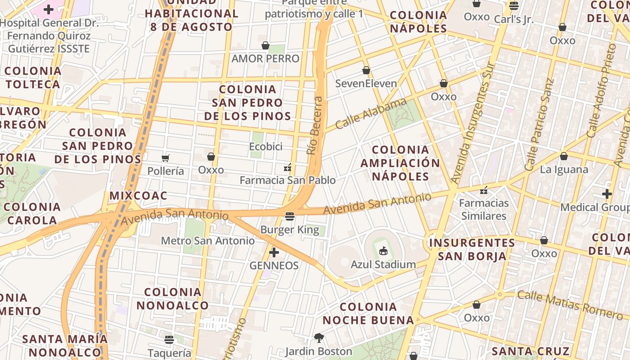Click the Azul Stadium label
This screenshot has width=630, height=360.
coord(383,264)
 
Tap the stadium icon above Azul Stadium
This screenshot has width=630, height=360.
coord(383,251)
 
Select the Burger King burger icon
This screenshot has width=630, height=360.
coord(290,216)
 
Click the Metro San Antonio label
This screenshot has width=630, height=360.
coord(207,241)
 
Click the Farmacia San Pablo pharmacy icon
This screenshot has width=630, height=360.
coord(288,167)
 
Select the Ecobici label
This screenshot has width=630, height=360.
coord(265,147)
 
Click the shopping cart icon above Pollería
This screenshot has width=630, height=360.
coord(166,158)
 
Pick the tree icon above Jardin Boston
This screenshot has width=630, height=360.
coord(319,337)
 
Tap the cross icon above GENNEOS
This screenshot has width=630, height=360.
coord(274,252)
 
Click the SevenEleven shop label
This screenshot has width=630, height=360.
coord(366,84)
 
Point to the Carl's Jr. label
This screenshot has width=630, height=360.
coord(513,19)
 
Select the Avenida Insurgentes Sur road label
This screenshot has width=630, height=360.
coord(472,123)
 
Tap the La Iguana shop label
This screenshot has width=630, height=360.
coord(564,170)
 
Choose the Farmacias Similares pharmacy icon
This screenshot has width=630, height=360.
coord(484,190)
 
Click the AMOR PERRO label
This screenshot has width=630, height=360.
coord(265,58)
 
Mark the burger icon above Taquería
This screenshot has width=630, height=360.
coord(169,339)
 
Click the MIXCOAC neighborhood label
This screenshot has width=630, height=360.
coord(138,196)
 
